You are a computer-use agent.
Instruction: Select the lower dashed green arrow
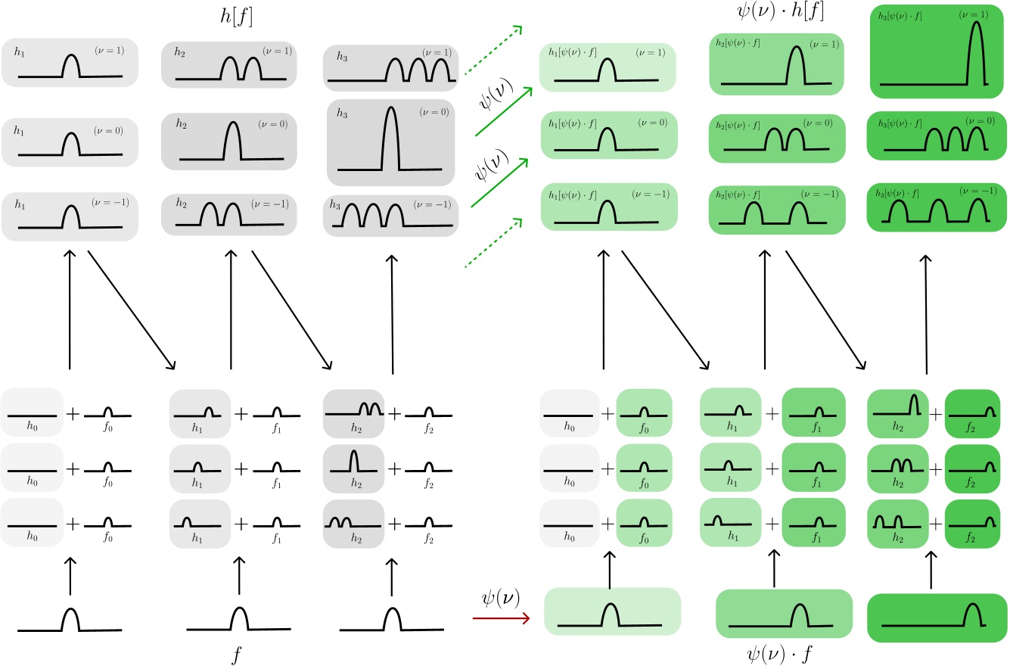click(x=492, y=243)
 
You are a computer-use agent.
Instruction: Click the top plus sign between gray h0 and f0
click(x=72, y=415)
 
